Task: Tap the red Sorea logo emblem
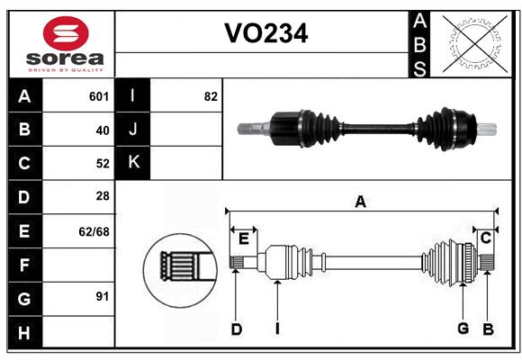65,35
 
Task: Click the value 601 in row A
98,96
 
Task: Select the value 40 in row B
102,130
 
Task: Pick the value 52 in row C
102,164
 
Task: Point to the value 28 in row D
102,197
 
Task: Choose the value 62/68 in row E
94,231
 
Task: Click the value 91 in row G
102,297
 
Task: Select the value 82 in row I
211,96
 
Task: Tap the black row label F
24,265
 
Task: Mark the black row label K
133,163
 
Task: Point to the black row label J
133,130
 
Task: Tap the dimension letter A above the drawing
360,202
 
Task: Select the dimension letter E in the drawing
243,238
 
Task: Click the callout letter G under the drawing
463,329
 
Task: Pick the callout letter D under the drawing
236,329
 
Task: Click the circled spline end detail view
179,266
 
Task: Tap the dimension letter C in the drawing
485,238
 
